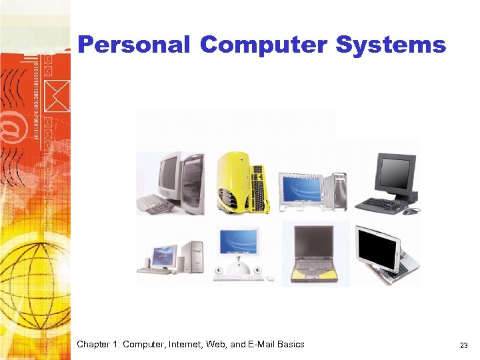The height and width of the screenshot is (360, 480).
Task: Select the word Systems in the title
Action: [x=391, y=45]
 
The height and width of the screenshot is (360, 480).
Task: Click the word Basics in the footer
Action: [x=289, y=345]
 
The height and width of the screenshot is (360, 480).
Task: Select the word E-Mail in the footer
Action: [x=255, y=345]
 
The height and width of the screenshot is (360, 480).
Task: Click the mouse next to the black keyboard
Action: [x=411, y=211]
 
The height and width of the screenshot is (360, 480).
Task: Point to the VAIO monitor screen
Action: [x=163, y=254]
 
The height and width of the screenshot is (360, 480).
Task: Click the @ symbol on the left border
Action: [x=15, y=126]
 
